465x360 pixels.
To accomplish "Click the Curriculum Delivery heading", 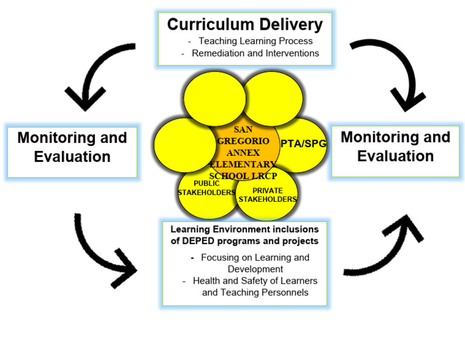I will click(245, 24).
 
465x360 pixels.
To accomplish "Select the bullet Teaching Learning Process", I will click(255, 41).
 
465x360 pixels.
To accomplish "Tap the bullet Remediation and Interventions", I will click(255, 53).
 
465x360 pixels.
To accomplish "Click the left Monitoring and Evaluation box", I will click(72, 147).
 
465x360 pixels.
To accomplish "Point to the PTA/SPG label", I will click(303, 143).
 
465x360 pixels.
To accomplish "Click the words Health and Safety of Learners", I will click(254, 281).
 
